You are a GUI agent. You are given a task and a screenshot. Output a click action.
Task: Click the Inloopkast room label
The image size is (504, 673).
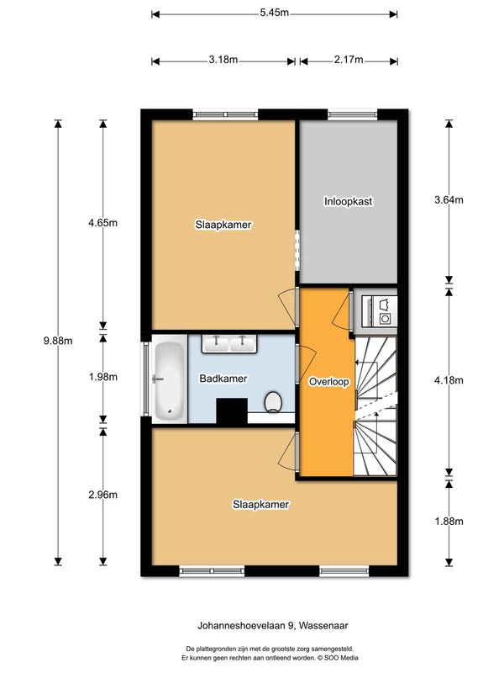pyautogui.click(x=348, y=201)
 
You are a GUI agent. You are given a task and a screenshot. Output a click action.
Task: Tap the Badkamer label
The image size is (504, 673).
pyautogui.click(x=223, y=379)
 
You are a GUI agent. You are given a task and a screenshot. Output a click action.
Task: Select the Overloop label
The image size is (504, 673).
pyautogui.click(x=328, y=382)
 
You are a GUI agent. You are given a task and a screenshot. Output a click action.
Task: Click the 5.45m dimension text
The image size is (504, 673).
pyautogui.click(x=275, y=13)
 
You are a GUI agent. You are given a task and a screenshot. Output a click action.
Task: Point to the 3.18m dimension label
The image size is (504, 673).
pyautogui.click(x=223, y=60)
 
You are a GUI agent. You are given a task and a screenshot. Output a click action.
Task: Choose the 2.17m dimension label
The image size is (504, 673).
pyautogui.click(x=349, y=60)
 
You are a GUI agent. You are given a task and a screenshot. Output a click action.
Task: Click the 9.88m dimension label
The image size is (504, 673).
pyautogui.click(x=58, y=341)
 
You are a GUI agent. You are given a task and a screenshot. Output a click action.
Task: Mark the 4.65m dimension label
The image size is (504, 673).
pyautogui.click(x=102, y=223)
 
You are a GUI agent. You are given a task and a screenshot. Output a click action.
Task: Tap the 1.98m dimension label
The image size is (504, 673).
pyautogui.click(x=102, y=377)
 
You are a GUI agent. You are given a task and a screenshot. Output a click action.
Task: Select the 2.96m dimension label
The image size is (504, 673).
pyautogui.click(x=102, y=495)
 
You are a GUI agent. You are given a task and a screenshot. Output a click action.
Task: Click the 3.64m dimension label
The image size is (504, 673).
pyautogui.click(x=449, y=199)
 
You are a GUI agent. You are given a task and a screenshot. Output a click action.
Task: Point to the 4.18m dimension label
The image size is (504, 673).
pyautogui.click(x=449, y=380)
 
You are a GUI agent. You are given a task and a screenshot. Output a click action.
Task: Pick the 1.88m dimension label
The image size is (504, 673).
pyautogui.click(x=449, y=522)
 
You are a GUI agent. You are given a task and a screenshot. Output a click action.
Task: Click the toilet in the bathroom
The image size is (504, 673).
pyautogui.click(x=273, y=402)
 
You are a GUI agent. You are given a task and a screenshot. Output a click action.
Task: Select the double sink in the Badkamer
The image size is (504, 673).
pyautogui.click(x=229, y=344)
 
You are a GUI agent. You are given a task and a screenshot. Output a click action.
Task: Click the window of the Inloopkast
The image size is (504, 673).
pyautogui.click(x=352, y=114)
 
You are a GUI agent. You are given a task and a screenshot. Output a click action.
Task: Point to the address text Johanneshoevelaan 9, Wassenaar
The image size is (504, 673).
pyautogui.click(x=272, y=626)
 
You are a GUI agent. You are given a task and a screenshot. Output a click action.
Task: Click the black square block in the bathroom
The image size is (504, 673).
pyautogui.click(x=232, y=411)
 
